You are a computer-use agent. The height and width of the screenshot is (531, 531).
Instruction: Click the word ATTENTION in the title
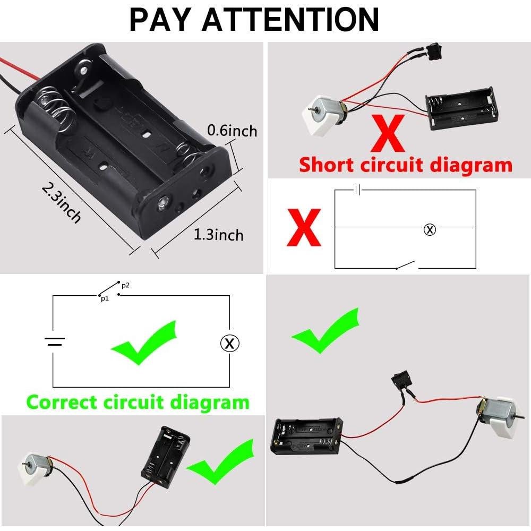(x=291, y=20)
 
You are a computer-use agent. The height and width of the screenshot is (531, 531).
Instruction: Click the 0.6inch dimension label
(x=233, y=131)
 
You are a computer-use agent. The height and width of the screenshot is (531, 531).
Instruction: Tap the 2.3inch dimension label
(x=61, y=203)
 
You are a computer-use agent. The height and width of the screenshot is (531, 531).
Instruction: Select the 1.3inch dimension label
(x=218, y=235)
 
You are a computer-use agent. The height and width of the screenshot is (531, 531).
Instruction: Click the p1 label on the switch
(x=105, y=298)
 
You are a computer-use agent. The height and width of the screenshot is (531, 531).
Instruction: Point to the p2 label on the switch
(x=125, y=285)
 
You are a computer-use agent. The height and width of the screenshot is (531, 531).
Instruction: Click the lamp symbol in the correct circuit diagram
(x=229, y=344)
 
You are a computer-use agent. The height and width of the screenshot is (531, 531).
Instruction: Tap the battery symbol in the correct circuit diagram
(x=55, y=341)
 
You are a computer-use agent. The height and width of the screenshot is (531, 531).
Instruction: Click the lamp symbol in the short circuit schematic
(x=430, y=229)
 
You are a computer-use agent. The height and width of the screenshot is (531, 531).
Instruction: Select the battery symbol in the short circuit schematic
(x=357, y=190)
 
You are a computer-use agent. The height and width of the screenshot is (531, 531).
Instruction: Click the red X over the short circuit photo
(x=388, y=133)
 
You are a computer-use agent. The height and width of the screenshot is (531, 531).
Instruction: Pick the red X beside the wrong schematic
(x=304, y=227)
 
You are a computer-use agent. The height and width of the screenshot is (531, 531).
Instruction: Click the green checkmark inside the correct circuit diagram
(x=144, y=342)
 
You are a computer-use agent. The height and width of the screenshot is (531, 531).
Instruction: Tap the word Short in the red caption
(x=327, y=165)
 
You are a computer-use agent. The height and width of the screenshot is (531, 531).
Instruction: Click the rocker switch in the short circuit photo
(x=435, y=52)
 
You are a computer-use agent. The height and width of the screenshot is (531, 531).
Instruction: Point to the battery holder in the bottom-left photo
(x=166, y=457)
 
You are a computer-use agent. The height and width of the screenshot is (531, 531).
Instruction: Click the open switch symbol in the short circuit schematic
(x=406, y=265)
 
